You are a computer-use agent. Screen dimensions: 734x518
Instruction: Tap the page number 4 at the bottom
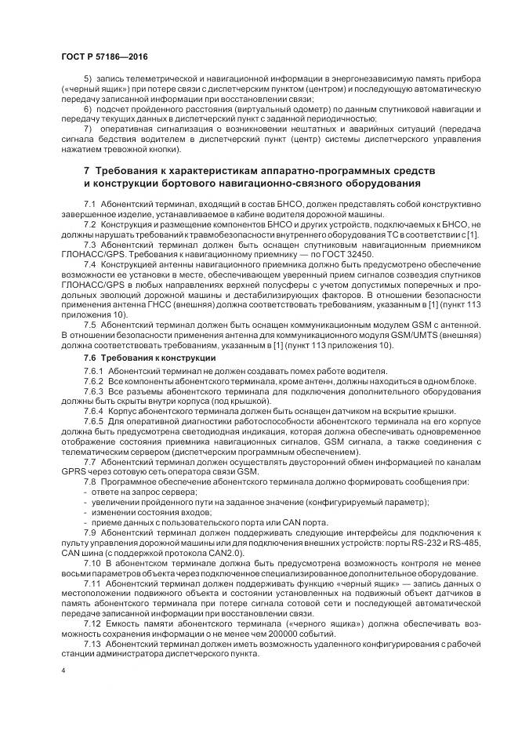(63, 672)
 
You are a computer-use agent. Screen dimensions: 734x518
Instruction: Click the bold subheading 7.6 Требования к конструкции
(138, 357)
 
